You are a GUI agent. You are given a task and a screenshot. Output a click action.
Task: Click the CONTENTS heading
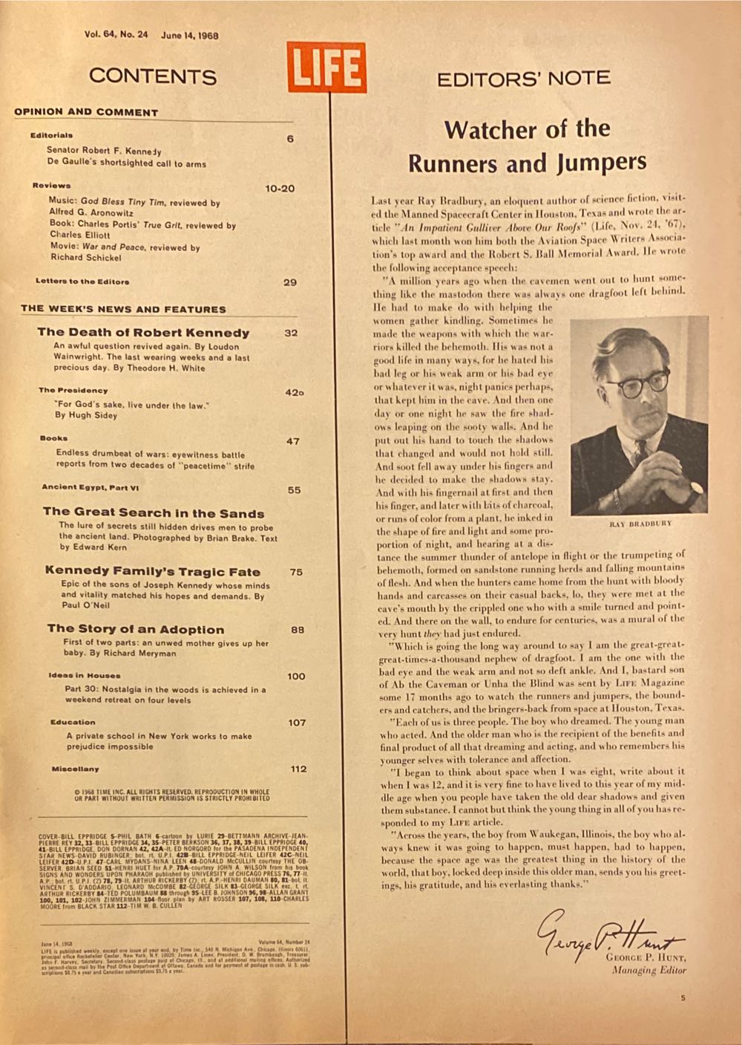(x=153, y=76)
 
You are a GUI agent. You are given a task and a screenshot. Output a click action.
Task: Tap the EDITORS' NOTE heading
(x=523, y=78)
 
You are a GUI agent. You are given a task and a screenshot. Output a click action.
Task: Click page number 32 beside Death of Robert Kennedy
(x=291, y=333)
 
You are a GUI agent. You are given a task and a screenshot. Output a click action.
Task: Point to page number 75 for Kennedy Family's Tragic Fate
(x=296, y=572)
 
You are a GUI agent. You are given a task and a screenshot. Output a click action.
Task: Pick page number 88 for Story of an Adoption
(x=297, y=629)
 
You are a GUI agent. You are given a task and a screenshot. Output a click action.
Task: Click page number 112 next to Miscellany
(x=298, y=769)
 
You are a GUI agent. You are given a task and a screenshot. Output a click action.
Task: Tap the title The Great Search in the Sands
(x=154, y=512)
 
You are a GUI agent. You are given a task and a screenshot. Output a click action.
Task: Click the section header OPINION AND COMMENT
(x=86, y=112)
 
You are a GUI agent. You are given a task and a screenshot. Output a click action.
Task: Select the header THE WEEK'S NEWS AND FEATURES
(x=123, y=309)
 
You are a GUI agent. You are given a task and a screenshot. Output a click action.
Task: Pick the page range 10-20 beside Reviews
(x=280, y=189)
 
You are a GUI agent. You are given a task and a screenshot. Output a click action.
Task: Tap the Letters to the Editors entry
(x=82, y=281)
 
